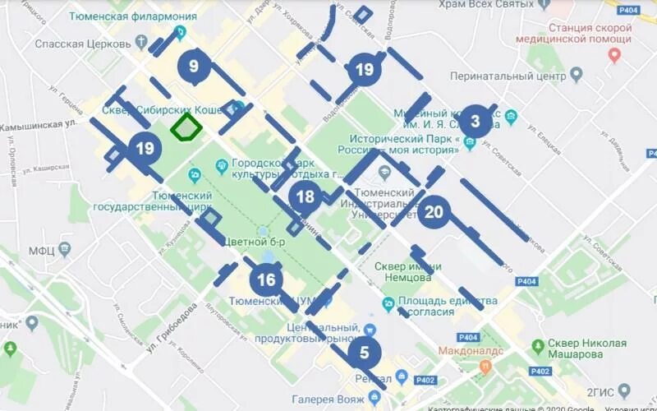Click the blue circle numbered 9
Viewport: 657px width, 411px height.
[x=194, y=65]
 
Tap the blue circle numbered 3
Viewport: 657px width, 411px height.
[x=475, y=122]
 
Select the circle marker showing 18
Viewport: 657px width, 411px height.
[x=306, y=196]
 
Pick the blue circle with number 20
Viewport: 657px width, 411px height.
[x=434, y=212]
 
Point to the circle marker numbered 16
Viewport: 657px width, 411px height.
[x=266, y=280]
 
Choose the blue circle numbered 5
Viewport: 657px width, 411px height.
[x=365, y=353]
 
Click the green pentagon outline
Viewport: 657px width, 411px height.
[x=186, y=127]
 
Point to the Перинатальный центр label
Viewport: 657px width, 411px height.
[x=508, y=76]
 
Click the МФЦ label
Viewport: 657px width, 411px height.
[x=41, y=250]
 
